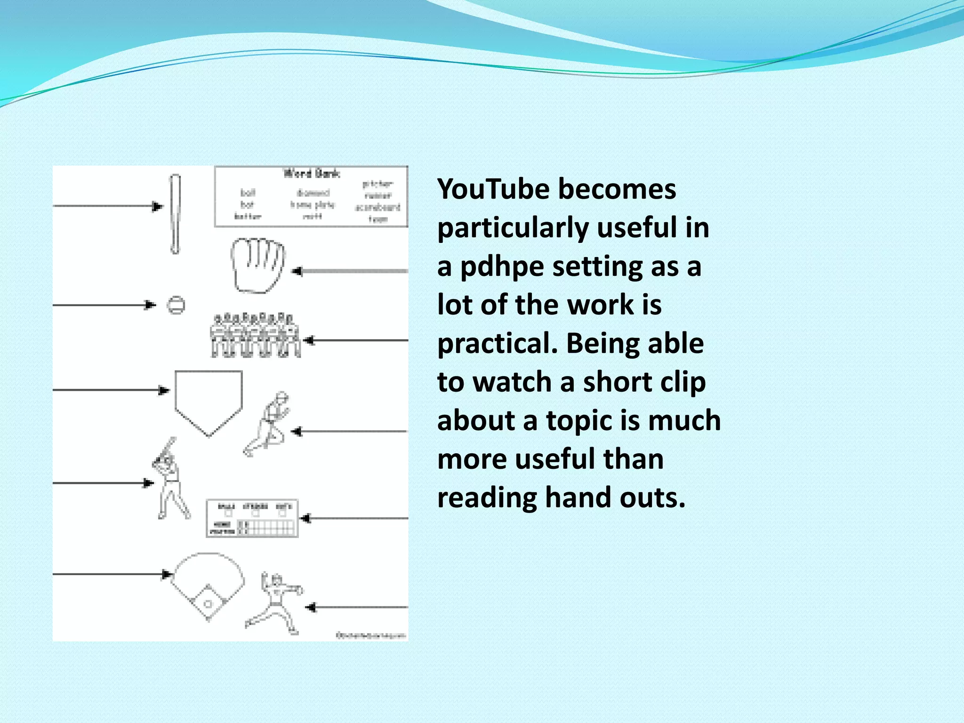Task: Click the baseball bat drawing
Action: pyautogui.click(x=175, y=214)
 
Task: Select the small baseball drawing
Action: pyautogui.click(x=177, y=305)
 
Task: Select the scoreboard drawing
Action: pyautogui.click(x=252, y=518)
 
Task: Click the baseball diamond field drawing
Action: pyautogui.click(x=208, y=586)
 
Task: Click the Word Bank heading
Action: pyautogui.click(x=311, y=174)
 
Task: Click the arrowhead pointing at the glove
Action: pyautogui.click(x=297, y=271)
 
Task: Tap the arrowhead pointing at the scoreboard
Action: pyautogui.click(x=305, y=518)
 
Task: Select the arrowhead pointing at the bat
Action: pyautogui.click(x=158, y=206)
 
